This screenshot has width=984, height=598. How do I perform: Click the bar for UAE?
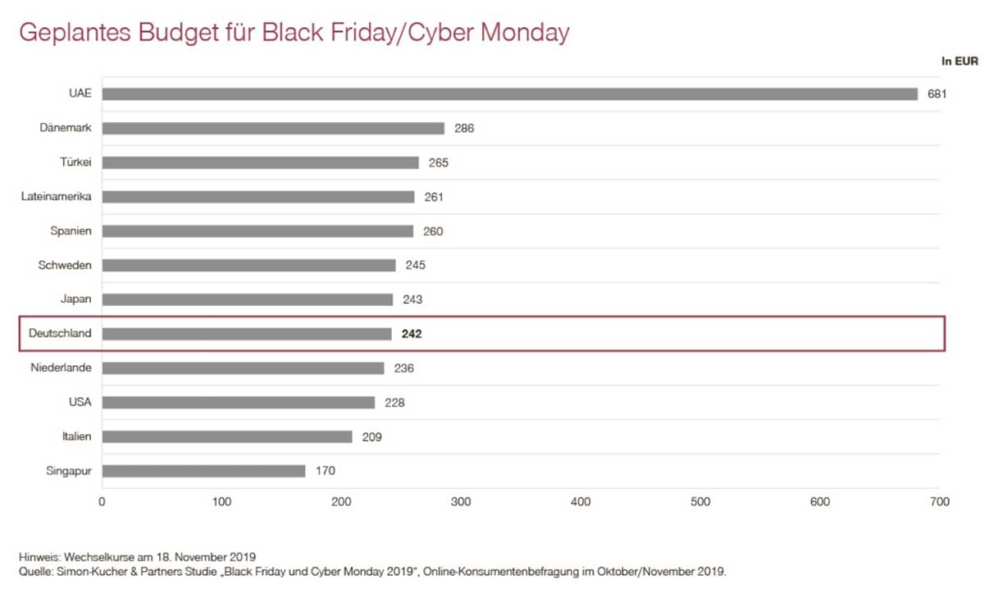(x=509, y=94)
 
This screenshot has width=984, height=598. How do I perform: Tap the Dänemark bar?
(x=273, y=128)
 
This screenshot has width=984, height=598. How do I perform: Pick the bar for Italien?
(x=227, y=436)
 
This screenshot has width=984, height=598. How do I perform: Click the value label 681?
(x=937, y=94)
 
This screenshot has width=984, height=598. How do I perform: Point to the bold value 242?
(x=411, y=334)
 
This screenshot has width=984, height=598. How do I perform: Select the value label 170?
(x=326, y=471)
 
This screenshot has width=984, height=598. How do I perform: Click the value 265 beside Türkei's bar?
(x=438, y=162)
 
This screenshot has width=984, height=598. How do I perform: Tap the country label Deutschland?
(x=60, y=334)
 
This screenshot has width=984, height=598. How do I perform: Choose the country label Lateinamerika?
(x=56, y=197)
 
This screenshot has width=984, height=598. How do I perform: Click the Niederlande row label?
(x=61, y=368)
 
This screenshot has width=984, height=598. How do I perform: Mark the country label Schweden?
(x=65, y=265)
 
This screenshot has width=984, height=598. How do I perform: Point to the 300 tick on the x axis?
(x=461, y=501)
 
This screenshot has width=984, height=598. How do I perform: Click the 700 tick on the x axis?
(x=940, y=501)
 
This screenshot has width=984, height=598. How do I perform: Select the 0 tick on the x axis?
(x=102, y=501)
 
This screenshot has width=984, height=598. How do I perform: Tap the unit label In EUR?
(x=959, y=60)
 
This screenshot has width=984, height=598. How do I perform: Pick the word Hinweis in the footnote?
(x=39, y=557)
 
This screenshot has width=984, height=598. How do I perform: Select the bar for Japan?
(x=248, y=299)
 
